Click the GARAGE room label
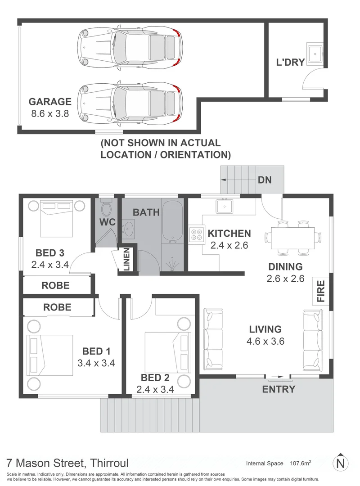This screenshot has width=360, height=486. point(50,102)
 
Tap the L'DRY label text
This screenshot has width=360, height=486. point(290,63)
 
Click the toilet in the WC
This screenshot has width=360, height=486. point(107,208)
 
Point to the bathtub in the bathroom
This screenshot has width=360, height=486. point(172,221)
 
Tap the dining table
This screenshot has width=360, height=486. point(289,237)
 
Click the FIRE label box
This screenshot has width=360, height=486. point(321,292)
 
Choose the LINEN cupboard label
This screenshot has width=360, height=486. point(126,260)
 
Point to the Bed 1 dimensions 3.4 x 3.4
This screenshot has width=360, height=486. point(96,363)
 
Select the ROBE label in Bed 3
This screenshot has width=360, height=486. point(55,285)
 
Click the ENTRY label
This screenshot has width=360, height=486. point(279,389)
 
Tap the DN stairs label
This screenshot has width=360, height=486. point(265,180)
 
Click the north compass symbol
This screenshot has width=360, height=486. point(341,463)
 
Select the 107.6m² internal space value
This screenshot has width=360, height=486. point(301,463)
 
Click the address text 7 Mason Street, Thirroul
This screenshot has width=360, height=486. point(67,463)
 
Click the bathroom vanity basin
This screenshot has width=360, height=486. point(129,229)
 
